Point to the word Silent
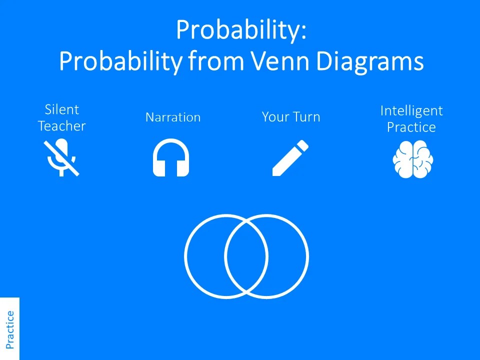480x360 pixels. coord(62,109)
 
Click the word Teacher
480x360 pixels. coord(62,126)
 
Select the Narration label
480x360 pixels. coord(173,117)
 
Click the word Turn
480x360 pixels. coord(305,117)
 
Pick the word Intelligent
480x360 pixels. coord(411,110)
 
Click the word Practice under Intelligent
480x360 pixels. coord(411,127)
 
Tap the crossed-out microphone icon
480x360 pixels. coord(61,158)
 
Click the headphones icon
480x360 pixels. coord(171,158)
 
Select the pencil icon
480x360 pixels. coord(290,158)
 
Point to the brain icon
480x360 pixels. coord(412,159)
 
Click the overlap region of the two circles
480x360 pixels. coord(246,256)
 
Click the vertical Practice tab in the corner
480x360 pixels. coord(9,329)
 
